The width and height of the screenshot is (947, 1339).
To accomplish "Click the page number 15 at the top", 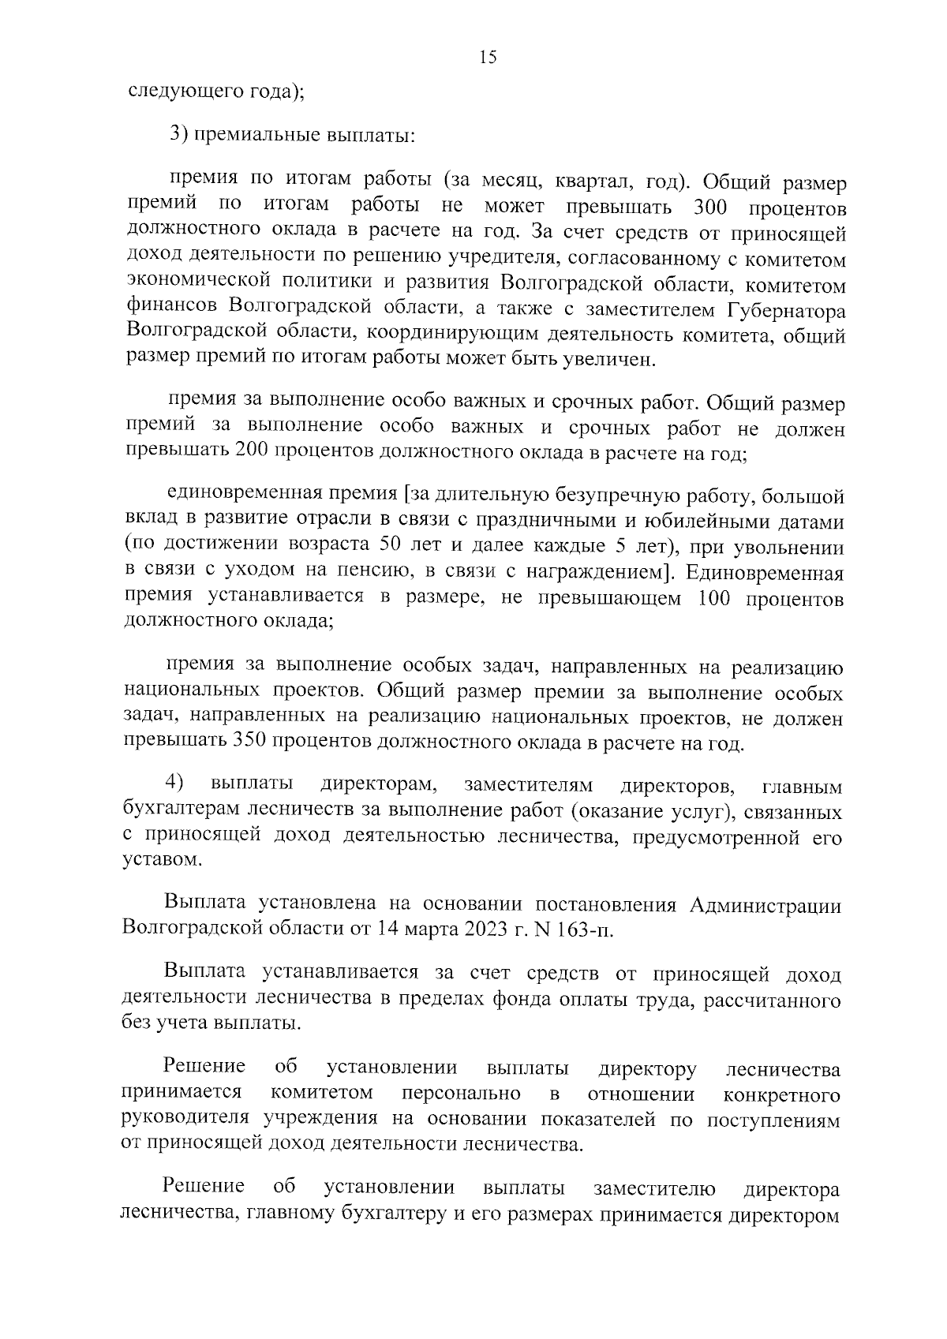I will (x=487, y=57).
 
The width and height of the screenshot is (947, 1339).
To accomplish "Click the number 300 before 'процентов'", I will (x=710, y=208).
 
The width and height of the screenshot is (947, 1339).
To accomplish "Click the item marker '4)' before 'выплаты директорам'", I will (x=175, y=783).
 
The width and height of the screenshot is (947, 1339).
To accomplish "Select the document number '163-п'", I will (x=583, y=928).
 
